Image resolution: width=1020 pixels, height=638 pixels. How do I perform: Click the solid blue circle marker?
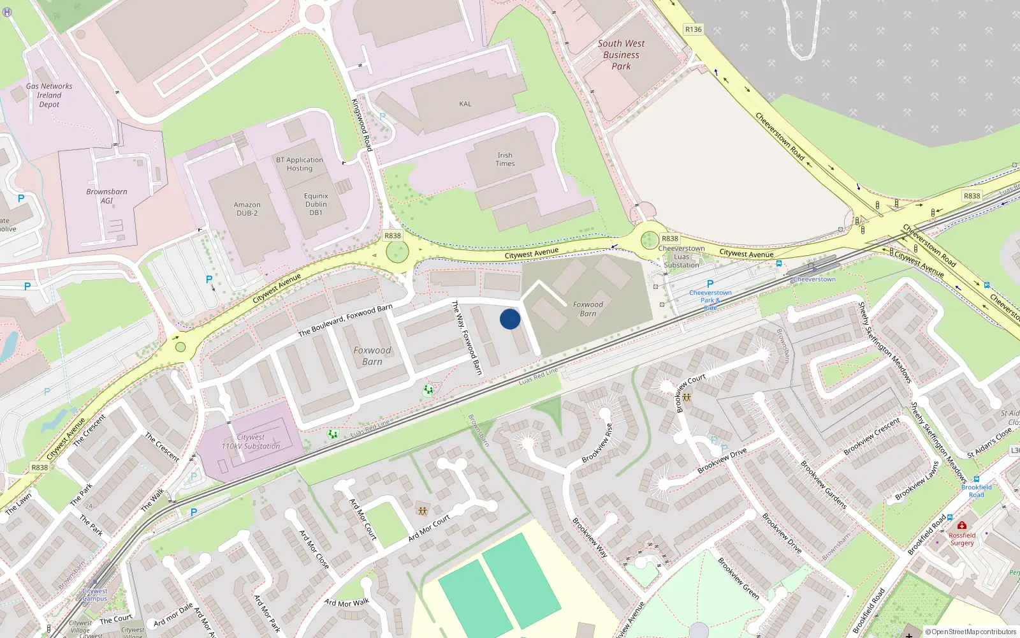(510, 319)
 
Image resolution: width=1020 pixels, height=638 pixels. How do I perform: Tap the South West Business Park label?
(621, 55)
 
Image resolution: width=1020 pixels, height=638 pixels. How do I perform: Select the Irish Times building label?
(505, 159)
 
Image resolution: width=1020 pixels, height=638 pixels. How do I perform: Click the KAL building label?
(465, 104)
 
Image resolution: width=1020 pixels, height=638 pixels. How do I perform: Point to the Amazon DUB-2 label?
(247, 209)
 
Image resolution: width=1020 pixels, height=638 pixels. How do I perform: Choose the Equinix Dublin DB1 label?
(316, 204)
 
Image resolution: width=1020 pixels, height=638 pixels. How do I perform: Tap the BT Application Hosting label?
(300, 164)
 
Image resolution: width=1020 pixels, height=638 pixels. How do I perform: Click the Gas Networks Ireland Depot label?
(49, 95)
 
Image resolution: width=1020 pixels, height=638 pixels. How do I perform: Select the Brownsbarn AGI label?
(106, 196)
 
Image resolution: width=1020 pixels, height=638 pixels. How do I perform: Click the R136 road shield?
(693, 29)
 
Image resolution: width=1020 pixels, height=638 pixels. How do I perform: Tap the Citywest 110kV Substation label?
(251, 441)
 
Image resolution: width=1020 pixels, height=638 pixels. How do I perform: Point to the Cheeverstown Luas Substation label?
(681, 256)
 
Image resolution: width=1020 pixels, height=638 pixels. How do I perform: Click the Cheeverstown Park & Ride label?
(710, 300)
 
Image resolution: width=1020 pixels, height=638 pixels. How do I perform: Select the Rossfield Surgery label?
(962, 539)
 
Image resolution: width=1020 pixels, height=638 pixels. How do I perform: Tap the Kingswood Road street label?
(362, 124)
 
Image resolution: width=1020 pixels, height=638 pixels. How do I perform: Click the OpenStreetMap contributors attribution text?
(970, 632)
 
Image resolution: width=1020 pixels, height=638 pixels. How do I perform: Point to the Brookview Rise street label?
(597, 443)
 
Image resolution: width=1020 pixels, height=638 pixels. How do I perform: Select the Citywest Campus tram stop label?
(94, 595)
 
